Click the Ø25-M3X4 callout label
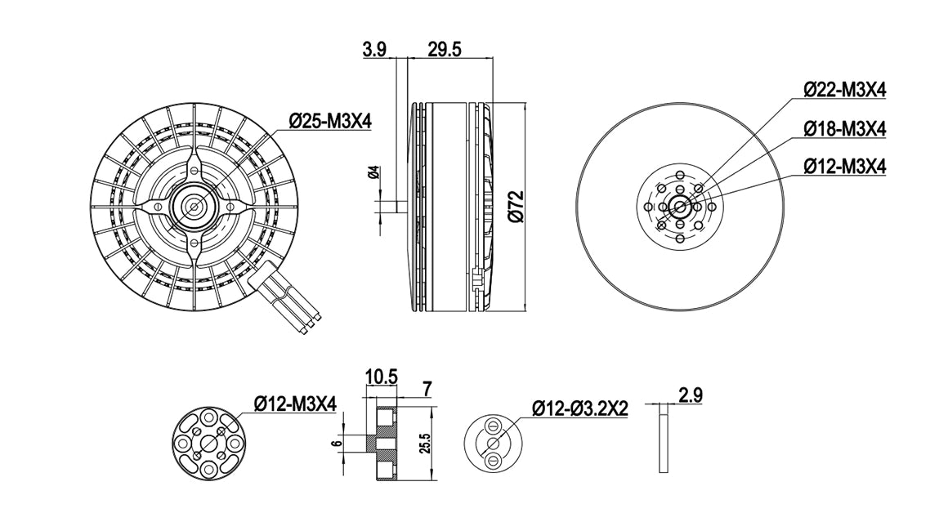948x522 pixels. coord(330,122)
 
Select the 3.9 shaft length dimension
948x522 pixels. coord(374,48)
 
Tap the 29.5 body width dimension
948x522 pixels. coord(445,48)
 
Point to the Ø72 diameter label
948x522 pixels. coord(516,207)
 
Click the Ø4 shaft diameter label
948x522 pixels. coord(373,172)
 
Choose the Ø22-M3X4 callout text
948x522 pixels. coord(844,90)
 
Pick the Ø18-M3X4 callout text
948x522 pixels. coord(844,129)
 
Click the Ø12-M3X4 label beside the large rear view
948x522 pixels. coord(844,166)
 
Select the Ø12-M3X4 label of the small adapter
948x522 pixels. coord(295,403)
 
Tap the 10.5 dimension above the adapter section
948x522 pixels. coord(381,377)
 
